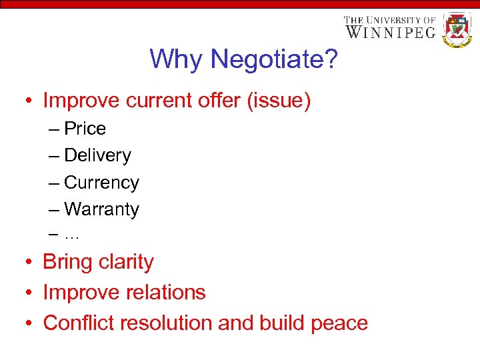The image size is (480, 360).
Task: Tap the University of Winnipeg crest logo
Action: click(x=457, y=29)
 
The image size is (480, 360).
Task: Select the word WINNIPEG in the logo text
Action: click(x=390, y=32)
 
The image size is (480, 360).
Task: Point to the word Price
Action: click(x=85, y=128)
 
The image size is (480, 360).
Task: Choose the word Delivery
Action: click(x=97, y=155)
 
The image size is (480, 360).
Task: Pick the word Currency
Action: click(x=101, y=182)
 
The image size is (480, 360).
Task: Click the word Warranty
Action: click(x=101, y=209)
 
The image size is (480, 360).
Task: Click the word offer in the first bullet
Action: click(x=211, y=101)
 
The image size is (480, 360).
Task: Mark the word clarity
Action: click(x=126, y=262)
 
